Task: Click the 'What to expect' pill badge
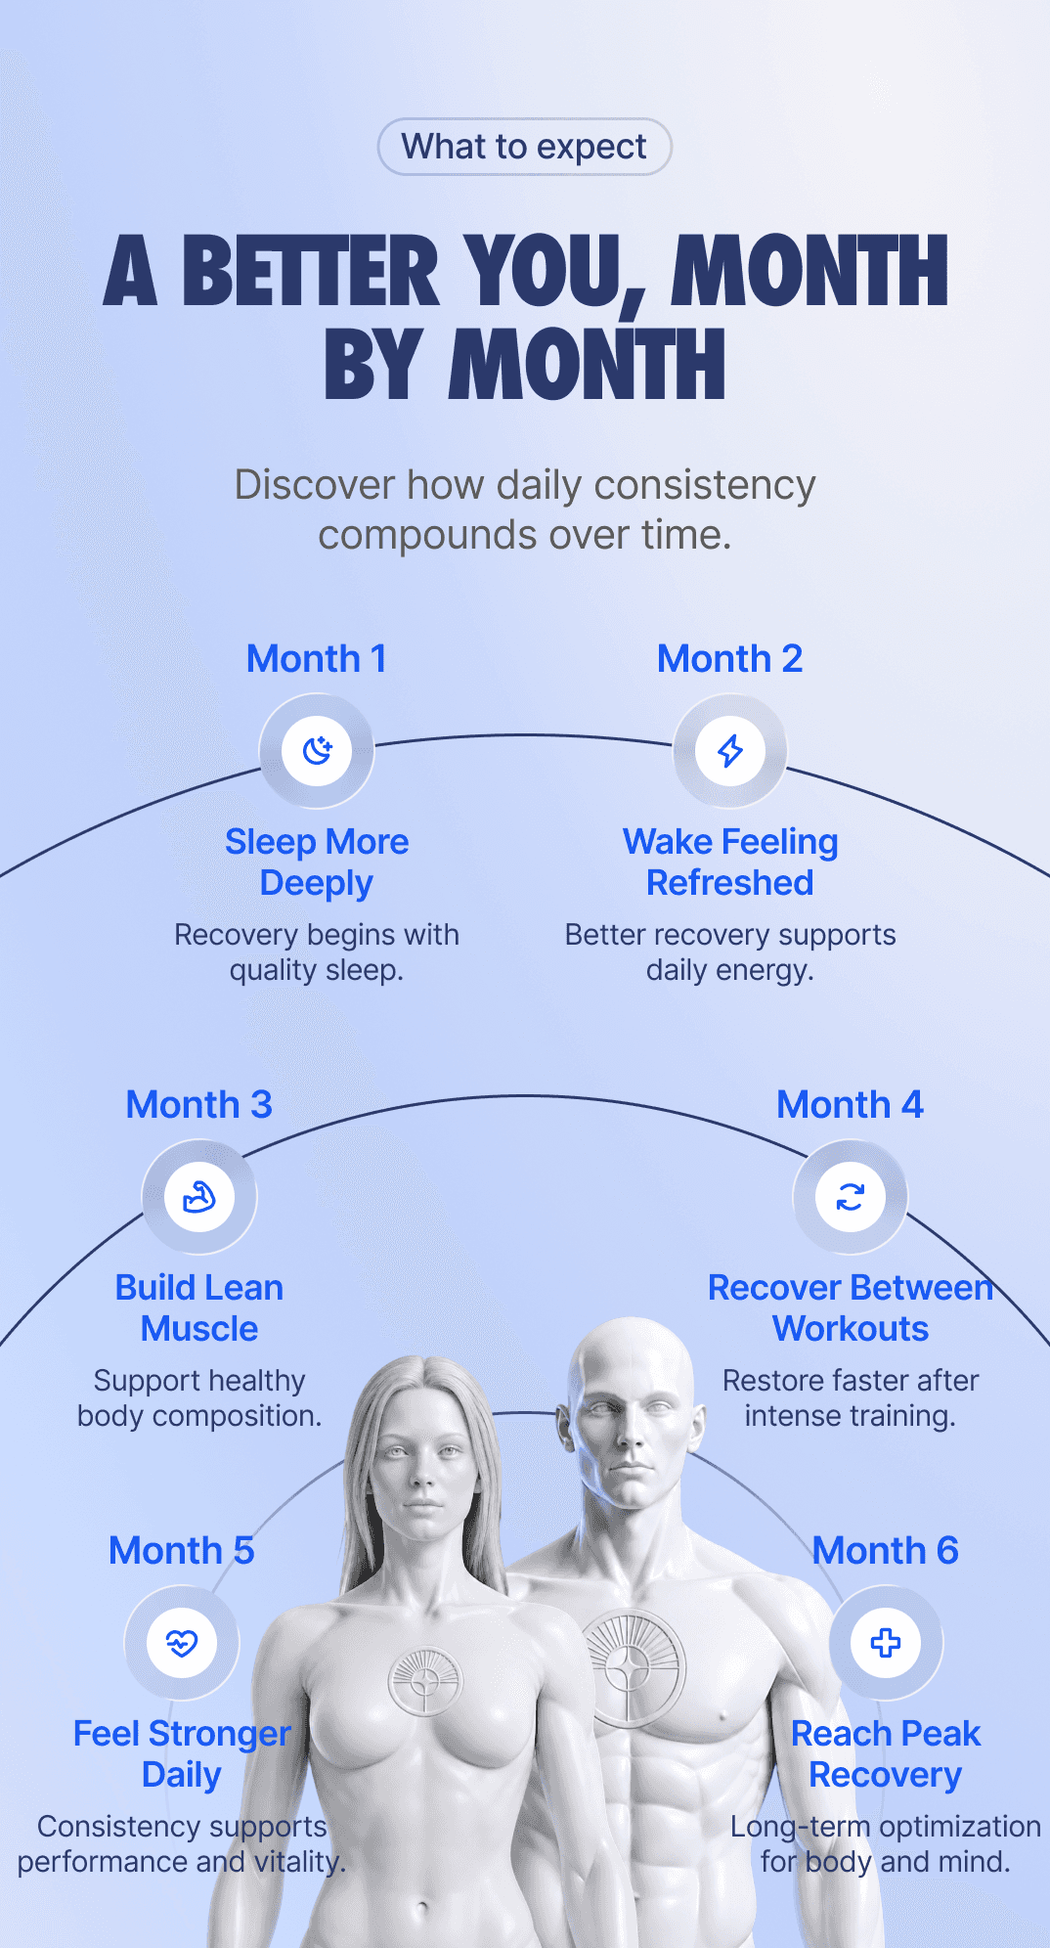click(x=524, y=147)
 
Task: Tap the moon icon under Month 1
click(x=317, y=751)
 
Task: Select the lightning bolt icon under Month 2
click(x=730, y=751)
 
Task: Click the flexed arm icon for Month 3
click(x=199, y=1197)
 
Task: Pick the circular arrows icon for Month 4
click(x=851, y=1197)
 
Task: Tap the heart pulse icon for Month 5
click(x=182, y=1643)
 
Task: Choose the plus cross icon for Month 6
click(x=886, y=1643)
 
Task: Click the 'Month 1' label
click(x=317, y=658)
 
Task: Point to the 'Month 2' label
click(x=730, y=658)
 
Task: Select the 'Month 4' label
click(x=851, y=1104)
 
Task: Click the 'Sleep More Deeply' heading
click(x=317, y=862)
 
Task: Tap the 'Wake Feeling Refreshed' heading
click(x=730, y=862)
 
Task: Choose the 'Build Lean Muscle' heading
click(x=199, y=1307)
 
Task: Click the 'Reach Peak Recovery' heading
click(x=886, y=1753)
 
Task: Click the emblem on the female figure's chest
click(x=425, y=1682)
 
